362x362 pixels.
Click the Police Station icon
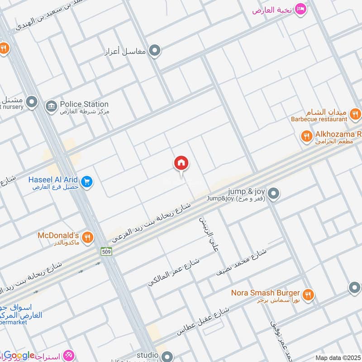(51, 106)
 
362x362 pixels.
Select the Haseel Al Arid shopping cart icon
(88, 182)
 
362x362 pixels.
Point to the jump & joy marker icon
(273, 194)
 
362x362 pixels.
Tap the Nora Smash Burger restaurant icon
(308, 294)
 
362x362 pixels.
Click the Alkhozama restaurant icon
(307, 135)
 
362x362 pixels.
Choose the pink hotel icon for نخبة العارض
(300, 9)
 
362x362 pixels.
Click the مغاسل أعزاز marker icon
(155, 51)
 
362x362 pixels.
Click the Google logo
(19, 356)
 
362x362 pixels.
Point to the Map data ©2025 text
(338, 357)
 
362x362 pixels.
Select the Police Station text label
(84, 104)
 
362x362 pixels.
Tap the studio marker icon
(167, 357)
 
